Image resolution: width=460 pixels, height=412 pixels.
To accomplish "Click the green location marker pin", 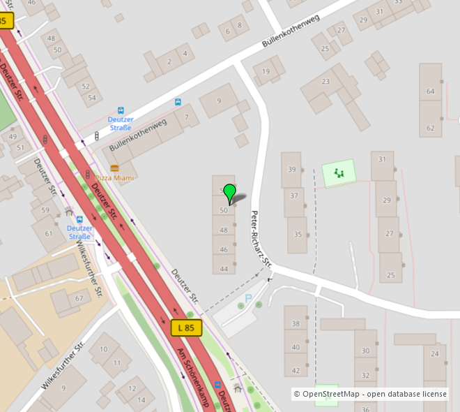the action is (x=229, y=193).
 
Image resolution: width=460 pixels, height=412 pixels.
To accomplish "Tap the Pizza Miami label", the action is (x=114, y=178).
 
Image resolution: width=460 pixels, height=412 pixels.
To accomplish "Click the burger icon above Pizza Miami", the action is (x=114, y=168).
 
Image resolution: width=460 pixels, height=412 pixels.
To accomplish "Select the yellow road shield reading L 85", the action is (x=186, y=327).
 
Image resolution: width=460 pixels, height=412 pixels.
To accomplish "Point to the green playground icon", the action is (x=339, y=172).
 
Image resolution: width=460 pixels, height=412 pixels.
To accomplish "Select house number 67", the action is (x=79, y=299).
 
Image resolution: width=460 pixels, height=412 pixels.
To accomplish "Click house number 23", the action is (x=325, y=82).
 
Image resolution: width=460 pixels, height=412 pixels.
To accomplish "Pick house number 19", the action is (x=266, y=71).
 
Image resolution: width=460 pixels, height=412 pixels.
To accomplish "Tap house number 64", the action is (x=430, y=91).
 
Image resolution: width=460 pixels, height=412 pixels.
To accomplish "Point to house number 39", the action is (x=292, y=170).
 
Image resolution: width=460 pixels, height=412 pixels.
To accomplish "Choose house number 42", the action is (x=296, y=370).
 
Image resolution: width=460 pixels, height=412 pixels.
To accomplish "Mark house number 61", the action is (x=49, y=233).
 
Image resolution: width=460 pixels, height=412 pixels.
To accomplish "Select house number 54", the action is (x=92, y=98).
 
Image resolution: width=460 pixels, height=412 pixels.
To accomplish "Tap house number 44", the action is (x=224, y=268).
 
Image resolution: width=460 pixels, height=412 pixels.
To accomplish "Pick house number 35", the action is (x=298, y=233).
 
